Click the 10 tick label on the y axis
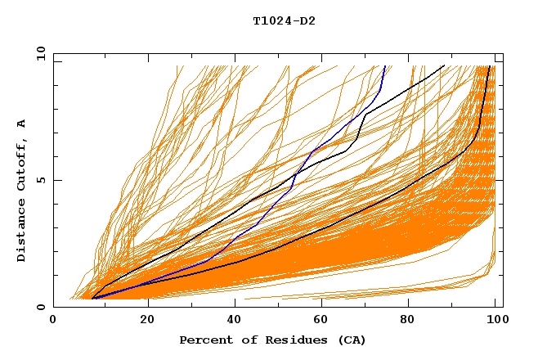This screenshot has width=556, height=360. [41, 53]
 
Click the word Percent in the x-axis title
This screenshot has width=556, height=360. [204, 340]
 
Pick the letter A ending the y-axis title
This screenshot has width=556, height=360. [22, 123]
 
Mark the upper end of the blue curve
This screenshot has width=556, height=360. [384, 66]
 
